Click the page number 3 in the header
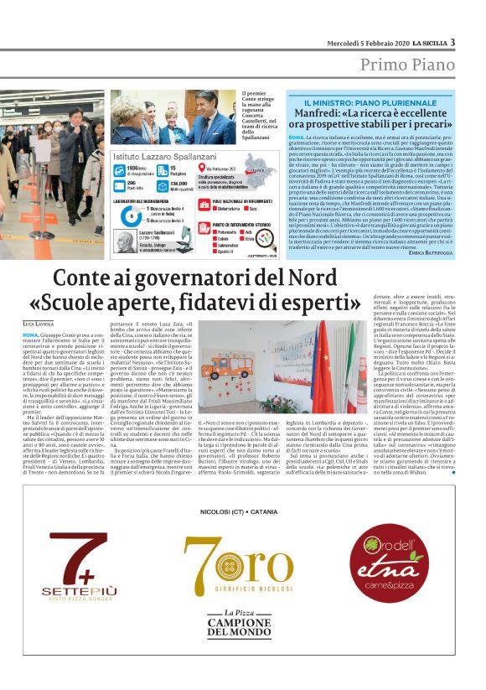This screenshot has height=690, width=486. (452, 42)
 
